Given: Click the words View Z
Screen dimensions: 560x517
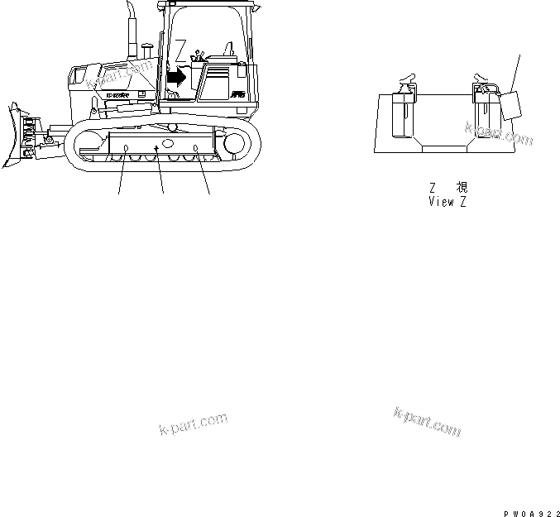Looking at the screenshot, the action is (x=447, y=202).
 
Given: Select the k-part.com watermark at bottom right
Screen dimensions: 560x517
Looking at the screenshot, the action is (x=428, y=421).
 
